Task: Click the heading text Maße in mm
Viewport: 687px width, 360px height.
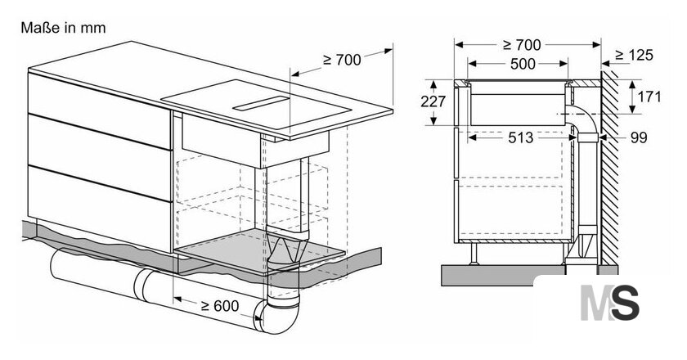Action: pos(63,28)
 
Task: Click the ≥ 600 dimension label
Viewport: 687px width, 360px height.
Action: pos(220,306)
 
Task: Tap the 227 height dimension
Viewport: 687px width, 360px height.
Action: pos(433,101)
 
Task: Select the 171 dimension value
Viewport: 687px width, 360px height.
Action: pos(649,97)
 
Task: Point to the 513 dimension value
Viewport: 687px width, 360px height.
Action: pos(521,137)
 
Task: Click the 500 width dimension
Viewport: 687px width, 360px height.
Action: pos(523,64)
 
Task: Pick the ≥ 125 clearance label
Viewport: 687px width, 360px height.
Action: pos(634,56)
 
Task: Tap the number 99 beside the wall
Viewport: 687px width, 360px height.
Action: pos(639,137)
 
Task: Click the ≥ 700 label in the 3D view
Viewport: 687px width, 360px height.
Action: pos(342,60)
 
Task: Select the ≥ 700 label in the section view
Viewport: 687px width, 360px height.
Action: pos(522,45)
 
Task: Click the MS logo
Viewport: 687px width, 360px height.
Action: pos(610,303)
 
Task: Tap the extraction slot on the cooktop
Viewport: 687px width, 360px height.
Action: pos(261,103)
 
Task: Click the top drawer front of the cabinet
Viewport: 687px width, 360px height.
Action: pos(100,110)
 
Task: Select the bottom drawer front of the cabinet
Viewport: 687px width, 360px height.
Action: pos(100,209)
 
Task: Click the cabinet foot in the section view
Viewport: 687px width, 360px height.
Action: pos(474,254)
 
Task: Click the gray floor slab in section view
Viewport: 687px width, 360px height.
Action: pos(504,276)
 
